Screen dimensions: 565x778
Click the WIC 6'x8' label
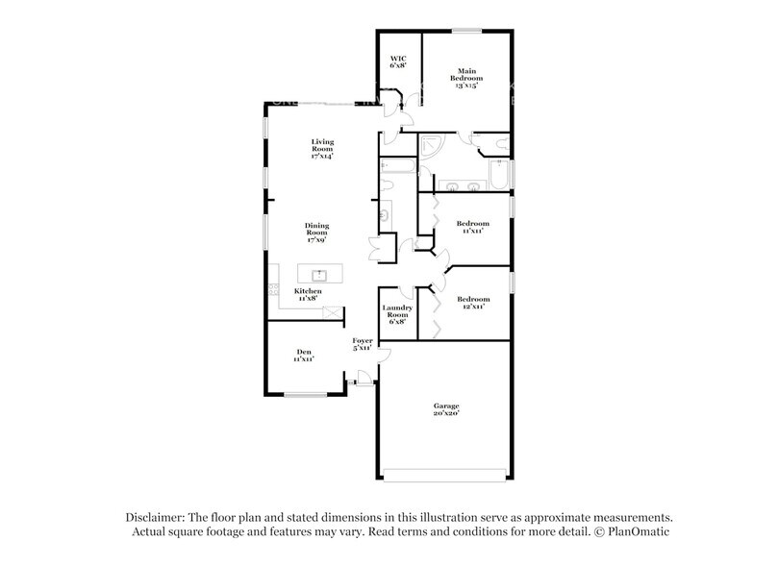(x=398, y=63)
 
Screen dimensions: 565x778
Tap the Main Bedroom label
(x=467, y=78)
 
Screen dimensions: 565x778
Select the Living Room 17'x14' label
(x=321, y=149)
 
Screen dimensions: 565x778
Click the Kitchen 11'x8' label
(x=308, y=294)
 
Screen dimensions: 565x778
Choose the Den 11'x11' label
(x=304, y=356)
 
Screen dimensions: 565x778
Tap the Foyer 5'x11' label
(x=363, y=345)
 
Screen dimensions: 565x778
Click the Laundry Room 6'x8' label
(x=397, y=315)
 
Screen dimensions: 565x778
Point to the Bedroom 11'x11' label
(x=472, y=228)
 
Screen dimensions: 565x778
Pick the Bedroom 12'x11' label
(x=472, y=303)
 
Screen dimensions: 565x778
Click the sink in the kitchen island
(x=320, y=276)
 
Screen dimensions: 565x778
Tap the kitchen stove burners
(x=273, y=292)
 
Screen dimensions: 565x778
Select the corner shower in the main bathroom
(x=432, y=146)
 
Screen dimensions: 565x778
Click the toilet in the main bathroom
(x=496, y=143)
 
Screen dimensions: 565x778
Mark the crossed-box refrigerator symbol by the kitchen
(x=334, y=312)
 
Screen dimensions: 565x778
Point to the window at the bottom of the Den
(x=305, y=395)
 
